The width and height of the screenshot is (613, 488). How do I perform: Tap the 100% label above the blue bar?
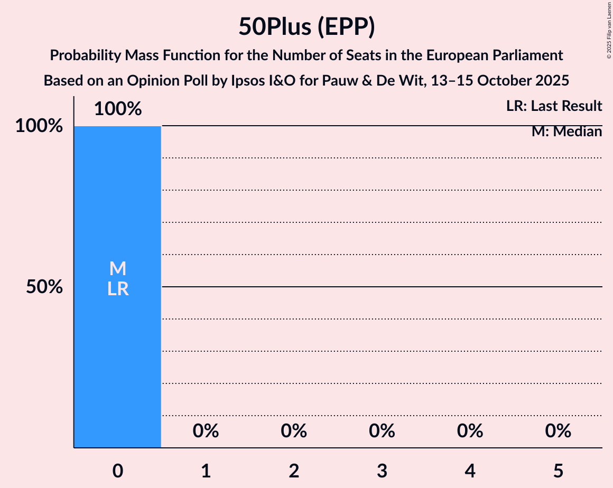click(x=118, y=109)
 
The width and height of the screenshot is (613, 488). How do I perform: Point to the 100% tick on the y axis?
click(x=39, y=126)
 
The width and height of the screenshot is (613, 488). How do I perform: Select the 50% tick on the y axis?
click(x=45, y=287)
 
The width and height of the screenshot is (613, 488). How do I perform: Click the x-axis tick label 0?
click(x=118, y=471)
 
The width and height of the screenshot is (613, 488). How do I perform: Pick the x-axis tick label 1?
click(x=206, y=471)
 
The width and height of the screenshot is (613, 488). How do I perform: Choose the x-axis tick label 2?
click(x=294, y=471)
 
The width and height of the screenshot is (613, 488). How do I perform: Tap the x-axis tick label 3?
click(x=382, y=471)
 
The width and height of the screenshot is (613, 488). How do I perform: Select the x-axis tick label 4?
click(x=470, y=471)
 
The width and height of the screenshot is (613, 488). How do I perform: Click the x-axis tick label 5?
click(x=558, y=471)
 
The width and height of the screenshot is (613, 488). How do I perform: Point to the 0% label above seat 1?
click(x=206, y=431)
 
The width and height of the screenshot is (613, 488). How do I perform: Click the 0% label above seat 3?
click(x=382, y=431)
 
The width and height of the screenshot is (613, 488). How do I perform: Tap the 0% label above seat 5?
click(x=558, y=431)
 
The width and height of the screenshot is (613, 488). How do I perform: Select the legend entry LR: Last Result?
click(x=554, y=106)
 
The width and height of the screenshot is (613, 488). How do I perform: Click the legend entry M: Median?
click(x=566, y=132)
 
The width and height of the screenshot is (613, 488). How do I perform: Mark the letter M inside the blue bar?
click(x=118, y=269)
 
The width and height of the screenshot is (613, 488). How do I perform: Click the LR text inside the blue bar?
click(x=118, y=289)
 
